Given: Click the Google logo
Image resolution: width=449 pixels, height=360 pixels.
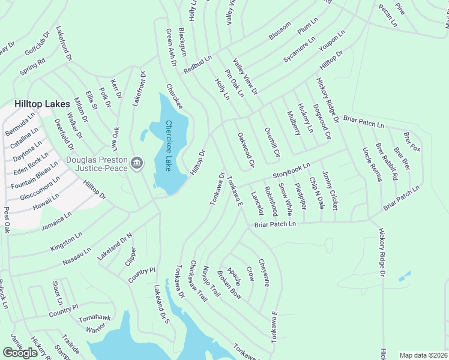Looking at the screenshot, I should point(20,353).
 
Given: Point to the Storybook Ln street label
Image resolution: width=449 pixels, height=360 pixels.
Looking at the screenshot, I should point(291,170).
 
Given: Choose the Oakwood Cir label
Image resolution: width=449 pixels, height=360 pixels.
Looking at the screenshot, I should point(247,150).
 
